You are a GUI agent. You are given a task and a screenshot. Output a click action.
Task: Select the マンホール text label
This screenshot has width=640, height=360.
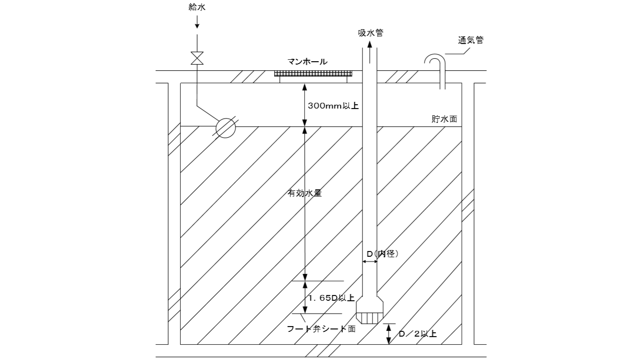tap(307, 62)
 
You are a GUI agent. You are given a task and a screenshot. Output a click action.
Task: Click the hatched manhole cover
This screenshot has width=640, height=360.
tap(314, 74)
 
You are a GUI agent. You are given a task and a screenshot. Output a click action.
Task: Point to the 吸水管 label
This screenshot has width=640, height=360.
tap(370, 33)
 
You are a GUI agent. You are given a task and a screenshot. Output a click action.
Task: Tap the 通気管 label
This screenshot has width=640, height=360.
tap(470, 40)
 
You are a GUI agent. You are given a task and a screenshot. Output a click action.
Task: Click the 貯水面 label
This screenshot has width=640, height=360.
tap(444, 119)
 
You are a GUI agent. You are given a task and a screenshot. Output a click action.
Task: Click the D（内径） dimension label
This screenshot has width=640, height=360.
tap(382, 254)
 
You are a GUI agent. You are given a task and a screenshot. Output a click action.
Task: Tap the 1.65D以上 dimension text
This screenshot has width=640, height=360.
tap(331, 298)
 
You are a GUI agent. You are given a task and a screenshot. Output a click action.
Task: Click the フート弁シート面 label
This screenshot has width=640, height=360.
tap(321, 328)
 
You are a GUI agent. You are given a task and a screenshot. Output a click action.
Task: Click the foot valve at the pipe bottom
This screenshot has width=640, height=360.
tap(370, 311)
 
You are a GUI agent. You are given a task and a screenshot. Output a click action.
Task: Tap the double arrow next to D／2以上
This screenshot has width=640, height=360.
tap(389, 334)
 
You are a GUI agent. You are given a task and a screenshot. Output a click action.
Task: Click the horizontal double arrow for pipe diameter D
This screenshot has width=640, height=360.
tap(370, 262)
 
